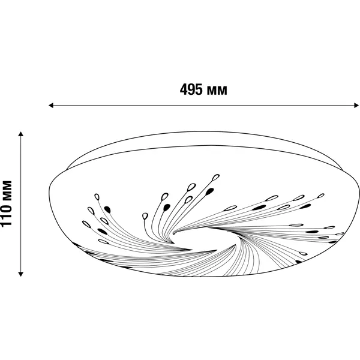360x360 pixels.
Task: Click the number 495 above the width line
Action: tap(191, 89)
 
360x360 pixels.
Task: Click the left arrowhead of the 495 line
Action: tap(51, 106)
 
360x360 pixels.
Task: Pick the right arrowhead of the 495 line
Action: tap(356, 106)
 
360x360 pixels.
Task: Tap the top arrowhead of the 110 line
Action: tap(21, 134)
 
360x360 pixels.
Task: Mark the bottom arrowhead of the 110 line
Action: tap(21, 274)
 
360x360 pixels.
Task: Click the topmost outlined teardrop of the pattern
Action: tap(215, 177)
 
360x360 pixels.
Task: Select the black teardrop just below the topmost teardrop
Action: tap(209, 191)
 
